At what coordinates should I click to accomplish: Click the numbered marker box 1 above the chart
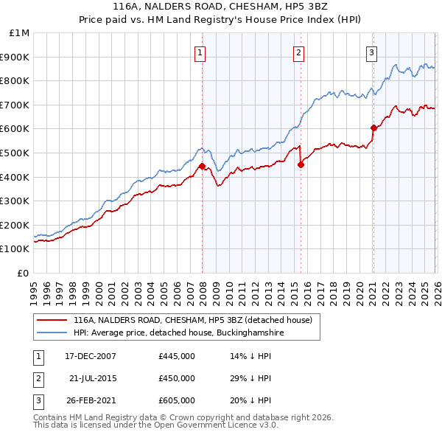click(x=200, y=52)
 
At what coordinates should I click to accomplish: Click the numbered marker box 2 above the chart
click(x=298, y=52)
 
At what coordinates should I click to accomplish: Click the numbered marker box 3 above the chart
click(x=372, y=52)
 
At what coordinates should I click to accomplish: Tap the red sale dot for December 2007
click(x=202, y=166)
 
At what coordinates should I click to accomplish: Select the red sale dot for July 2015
click(x=301, y=165)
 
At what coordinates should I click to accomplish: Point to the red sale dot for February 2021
click(x=373, y=128)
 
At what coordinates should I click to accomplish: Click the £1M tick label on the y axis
click(x=20, y=33)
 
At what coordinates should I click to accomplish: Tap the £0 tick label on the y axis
click(x=23, y=273)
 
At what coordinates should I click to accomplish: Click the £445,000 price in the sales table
click(x=177, y=356)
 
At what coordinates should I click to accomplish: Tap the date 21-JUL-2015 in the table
click(x=94, y=378)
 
